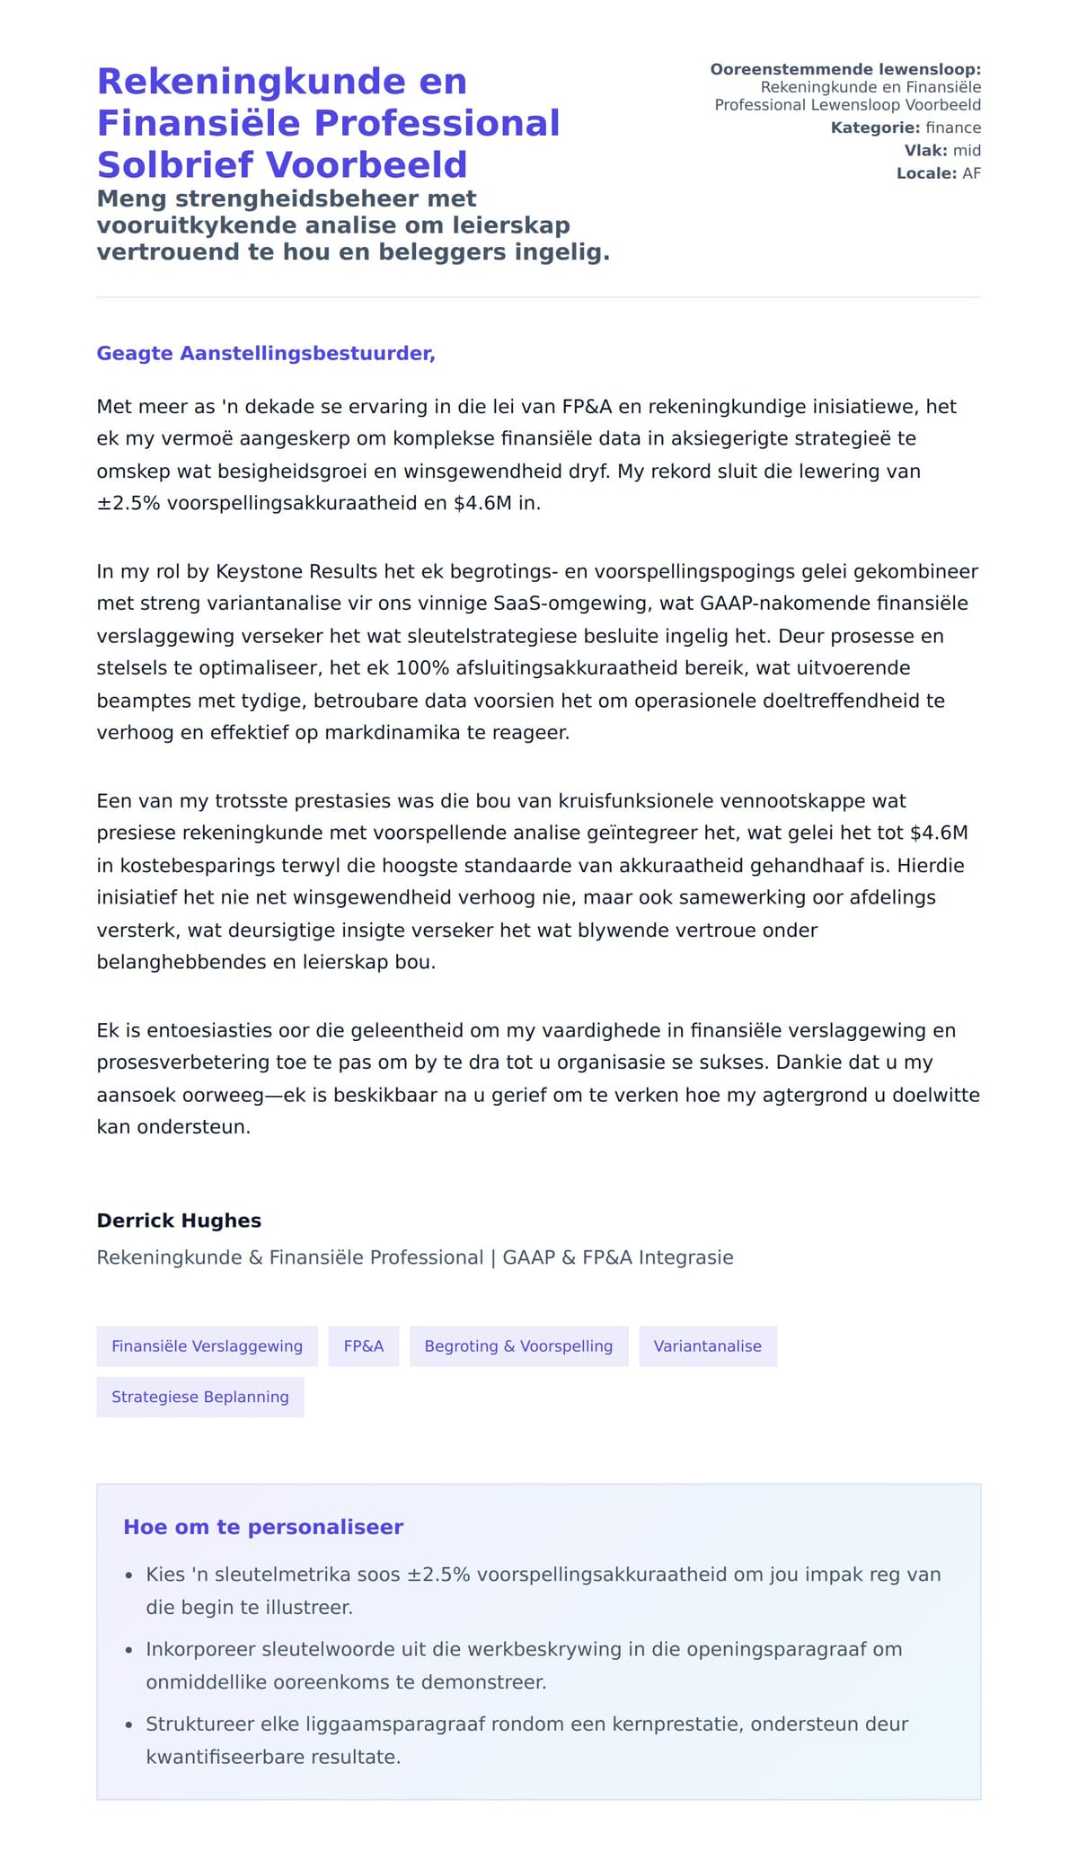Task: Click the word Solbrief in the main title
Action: pyautogui.click(x=177, y=165)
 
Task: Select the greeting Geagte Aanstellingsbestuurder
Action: pyautogui.click(x=266, y=353)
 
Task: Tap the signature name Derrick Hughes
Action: pyautogui.click(x=179, y=1221)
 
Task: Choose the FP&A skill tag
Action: pyautogui.click(x=364, y=1346)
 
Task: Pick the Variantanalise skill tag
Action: pyautogui.click(x=708, y=1346)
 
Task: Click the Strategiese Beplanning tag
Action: pyautogui.click(x=200, y=1397)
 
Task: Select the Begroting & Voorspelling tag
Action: pyautogui.click(x=518, y=1346)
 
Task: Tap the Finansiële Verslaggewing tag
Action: pyautogui.click(x=207, y=1346)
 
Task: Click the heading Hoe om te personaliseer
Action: pyautogui.click(x=263, y=1527)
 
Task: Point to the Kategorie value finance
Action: pyautogui.click(x=953, y=128)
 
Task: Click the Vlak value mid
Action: pyautogui.click(x=968, y=150)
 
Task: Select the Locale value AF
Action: pyautogui.click(x=972, y=173)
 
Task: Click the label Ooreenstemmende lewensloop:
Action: pyautogui.click(x=845, y=69)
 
